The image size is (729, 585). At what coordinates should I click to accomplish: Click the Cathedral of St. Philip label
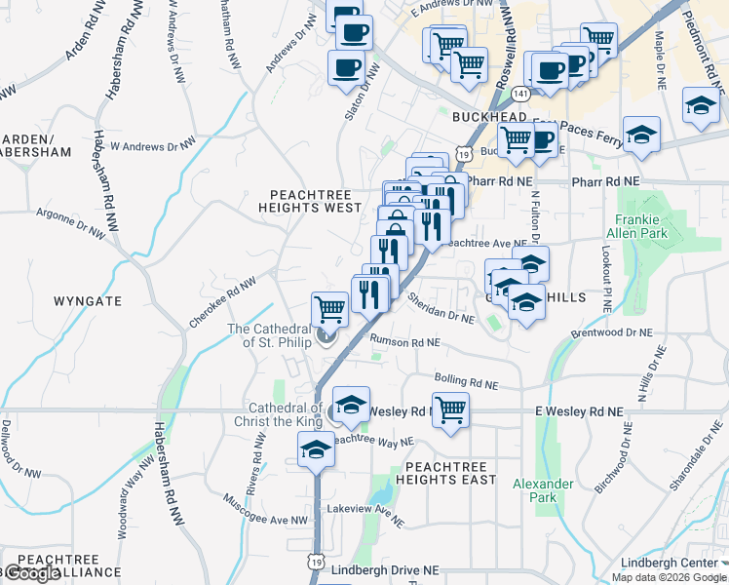[x=268, y=335]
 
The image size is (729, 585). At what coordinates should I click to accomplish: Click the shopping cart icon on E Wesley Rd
[x=450, y=409]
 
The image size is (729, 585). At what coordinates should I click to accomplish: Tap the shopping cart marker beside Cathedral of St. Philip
[x=330, y=309]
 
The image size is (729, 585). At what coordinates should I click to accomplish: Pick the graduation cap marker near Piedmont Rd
[x=701, y=104]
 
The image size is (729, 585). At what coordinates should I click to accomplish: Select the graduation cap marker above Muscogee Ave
[x=316, y=449]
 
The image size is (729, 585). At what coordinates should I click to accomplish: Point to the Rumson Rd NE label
[x=405, y=342]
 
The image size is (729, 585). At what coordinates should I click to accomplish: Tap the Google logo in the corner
[x=31, y=573]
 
